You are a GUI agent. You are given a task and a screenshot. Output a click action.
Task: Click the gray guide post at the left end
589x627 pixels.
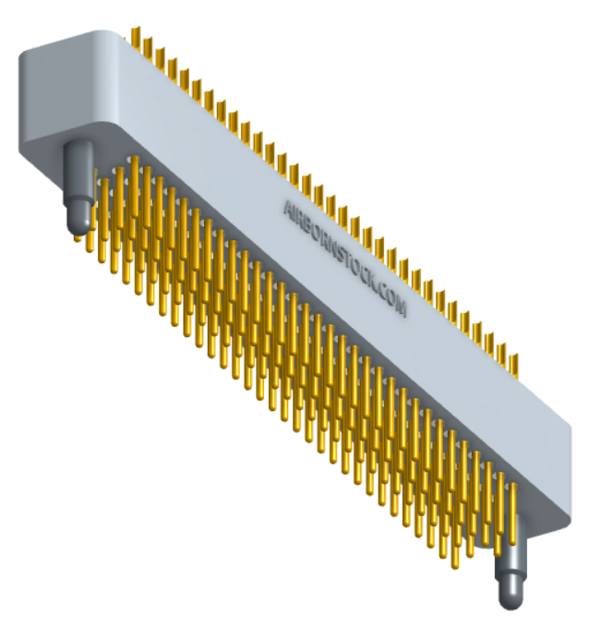[78, 189]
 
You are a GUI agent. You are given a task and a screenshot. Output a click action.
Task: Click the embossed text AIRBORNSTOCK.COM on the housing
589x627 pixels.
[344, 258]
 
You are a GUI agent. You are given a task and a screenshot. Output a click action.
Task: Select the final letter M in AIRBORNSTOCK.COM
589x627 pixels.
[401, 309]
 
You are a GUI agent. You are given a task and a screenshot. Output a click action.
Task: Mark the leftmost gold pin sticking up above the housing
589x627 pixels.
[136, 39]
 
